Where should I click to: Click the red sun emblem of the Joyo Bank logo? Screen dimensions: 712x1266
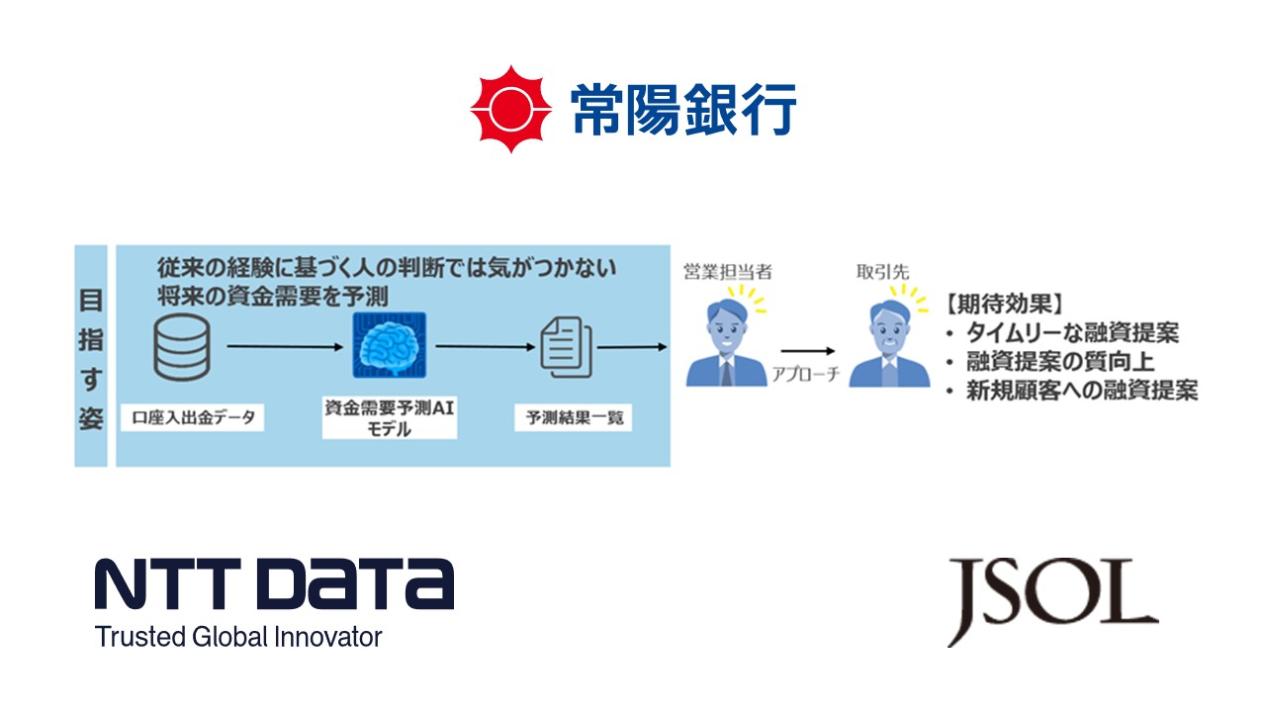[x=509, y=109]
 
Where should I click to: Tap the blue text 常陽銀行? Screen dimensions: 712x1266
[x=682, y=109]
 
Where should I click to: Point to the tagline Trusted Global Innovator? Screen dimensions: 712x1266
[x=238, y=637]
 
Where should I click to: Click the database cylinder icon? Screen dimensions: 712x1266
[x=184, y=347]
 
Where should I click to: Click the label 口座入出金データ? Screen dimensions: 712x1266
[x=194, y=417]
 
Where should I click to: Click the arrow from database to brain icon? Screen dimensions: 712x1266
[x=284, y=347]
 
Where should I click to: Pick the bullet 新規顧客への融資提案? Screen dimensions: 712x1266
[x=1081, y=391]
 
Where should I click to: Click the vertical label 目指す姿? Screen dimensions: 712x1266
[x=91, y=356]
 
